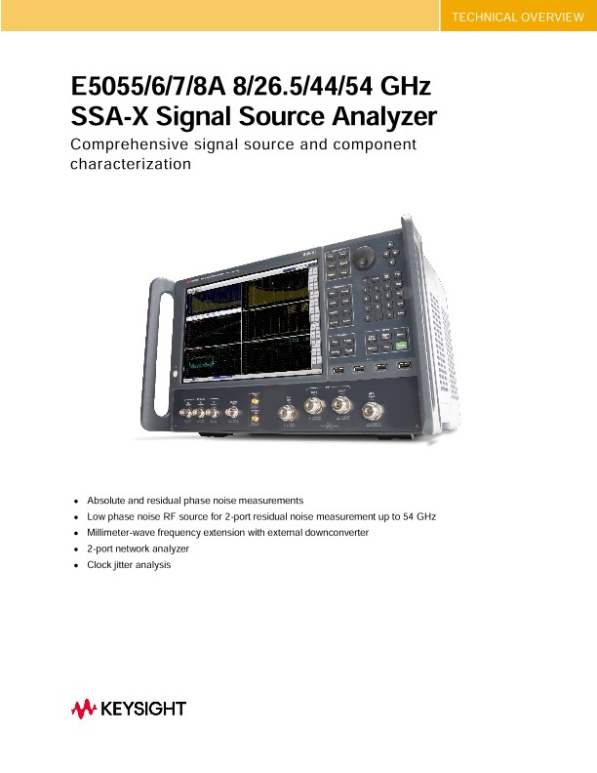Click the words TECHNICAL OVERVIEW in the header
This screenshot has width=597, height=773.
[517, 17]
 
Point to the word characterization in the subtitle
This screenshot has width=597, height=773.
[131, 164]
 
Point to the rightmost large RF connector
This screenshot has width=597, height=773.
[371, 411]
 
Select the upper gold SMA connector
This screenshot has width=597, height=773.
[254, 400]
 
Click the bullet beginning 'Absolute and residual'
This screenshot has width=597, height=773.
[195, 500]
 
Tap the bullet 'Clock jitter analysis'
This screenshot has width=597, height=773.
[129, 565]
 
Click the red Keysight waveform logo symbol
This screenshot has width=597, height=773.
[82, 709]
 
